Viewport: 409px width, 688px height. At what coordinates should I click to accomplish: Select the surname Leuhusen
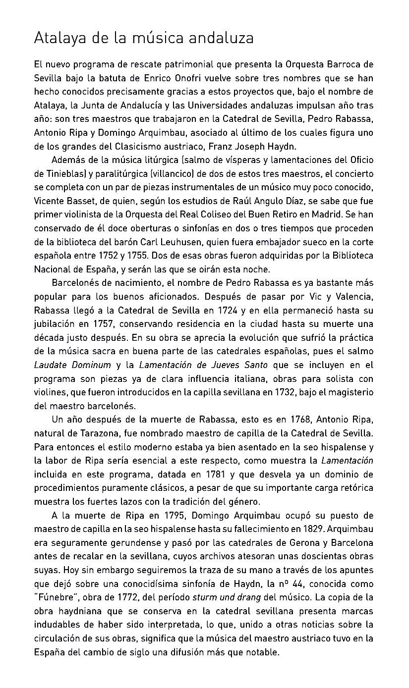point(178,242)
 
